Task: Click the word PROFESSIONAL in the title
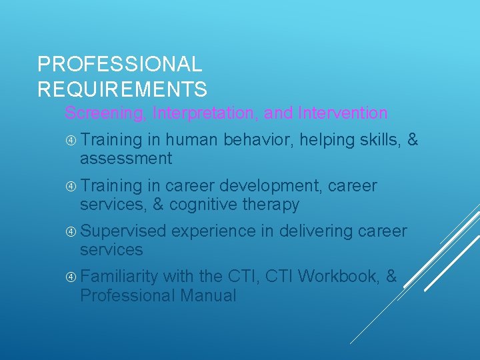click(x=120, y=65)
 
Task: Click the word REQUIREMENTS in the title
click(x=122, y=89)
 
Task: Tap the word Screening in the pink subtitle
click(x=104, y=113)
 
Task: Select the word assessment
click(x=126, y=159)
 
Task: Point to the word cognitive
click(x=205, y=205)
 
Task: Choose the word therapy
click(x=273, y=205)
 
